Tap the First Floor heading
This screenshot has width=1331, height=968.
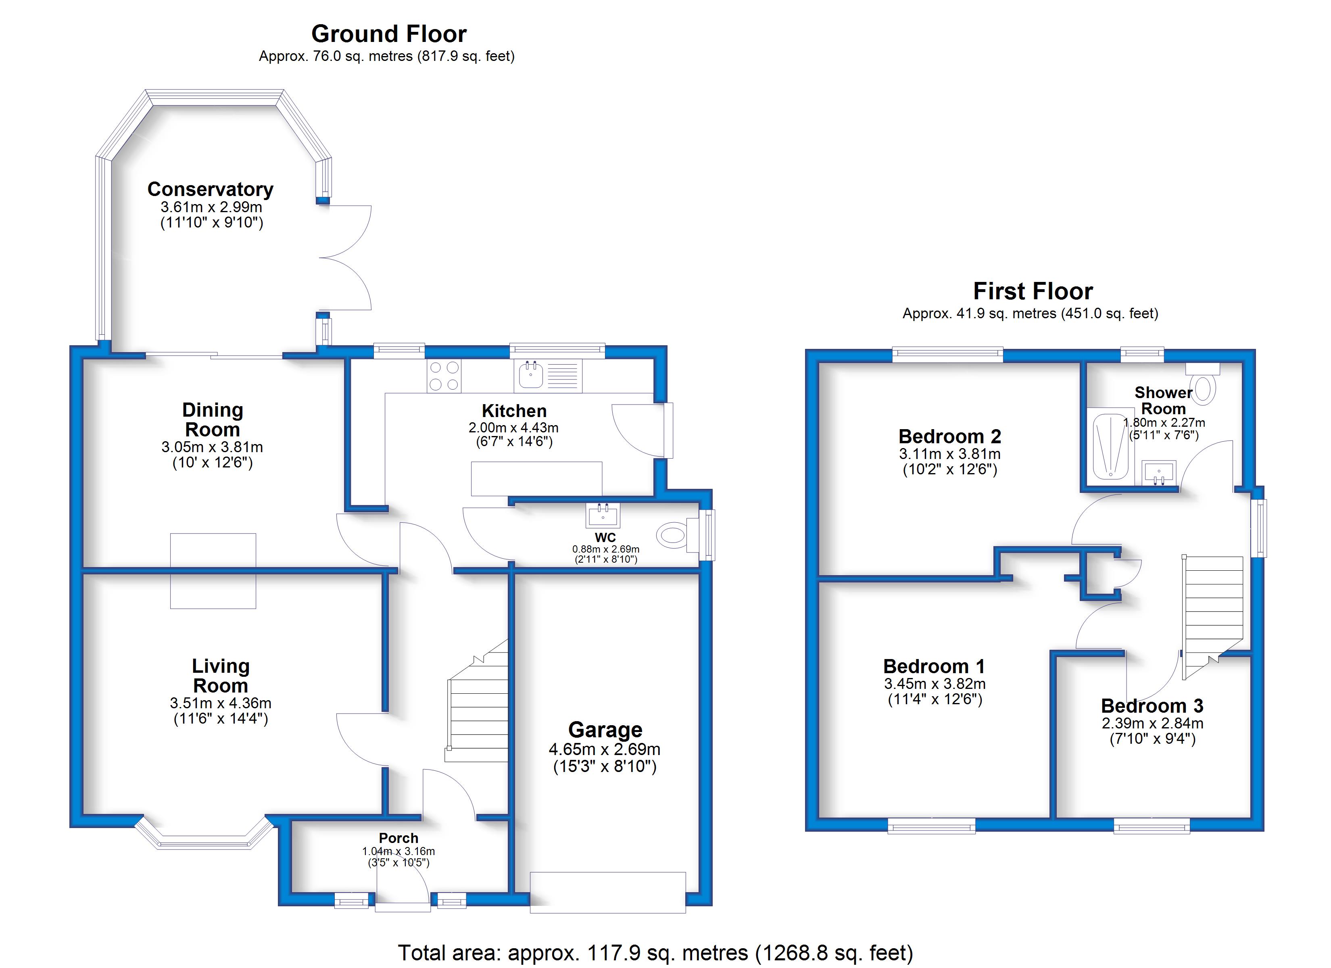pos(1033,291)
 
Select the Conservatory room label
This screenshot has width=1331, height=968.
pos(210,189)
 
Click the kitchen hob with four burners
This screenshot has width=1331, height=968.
pos(444,376)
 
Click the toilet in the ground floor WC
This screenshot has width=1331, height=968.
pos(674,535)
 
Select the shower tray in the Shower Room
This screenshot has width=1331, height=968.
pos(1109,445)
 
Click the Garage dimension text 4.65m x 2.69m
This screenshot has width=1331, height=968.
pos(605,750)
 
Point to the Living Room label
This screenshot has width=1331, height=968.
pos(221,676)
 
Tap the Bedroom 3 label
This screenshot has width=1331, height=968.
pos(1152,705)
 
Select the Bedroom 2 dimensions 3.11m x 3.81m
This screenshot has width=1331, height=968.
pos(949,454)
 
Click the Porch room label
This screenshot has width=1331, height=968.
pos(398,838)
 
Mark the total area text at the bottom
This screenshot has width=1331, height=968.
pos(655,952)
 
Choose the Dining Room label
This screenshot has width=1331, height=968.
pos(213,419)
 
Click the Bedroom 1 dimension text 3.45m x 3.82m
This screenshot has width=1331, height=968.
pos(935,684)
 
